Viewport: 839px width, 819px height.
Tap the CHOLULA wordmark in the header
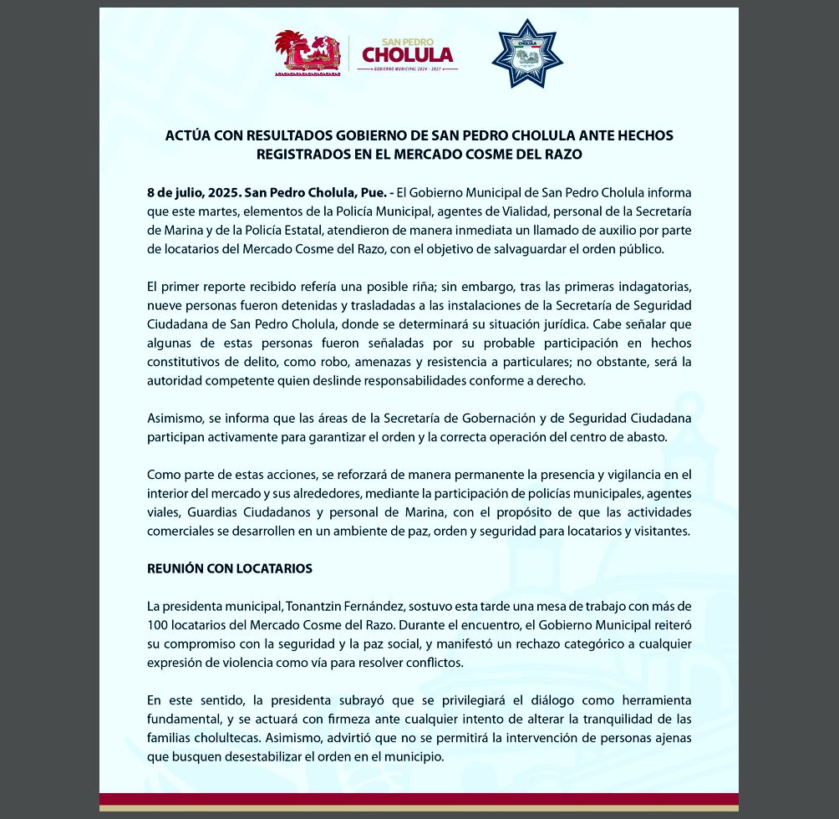[x=407, y=55]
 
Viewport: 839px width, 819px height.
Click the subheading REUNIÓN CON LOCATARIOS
[x=230, y=568]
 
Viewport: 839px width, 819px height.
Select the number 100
[x=157, y=624]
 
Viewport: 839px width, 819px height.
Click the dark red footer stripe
[x=419, y=798]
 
